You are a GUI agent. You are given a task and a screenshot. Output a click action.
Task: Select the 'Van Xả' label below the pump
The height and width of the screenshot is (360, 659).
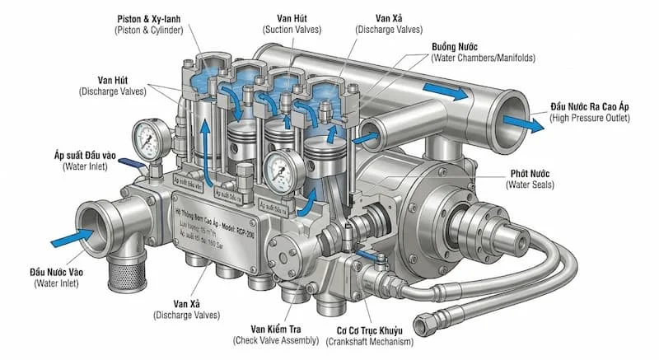click(x=184, y=303)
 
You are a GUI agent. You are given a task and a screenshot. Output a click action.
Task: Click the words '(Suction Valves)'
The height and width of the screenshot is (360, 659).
click(x=296, y=30)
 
